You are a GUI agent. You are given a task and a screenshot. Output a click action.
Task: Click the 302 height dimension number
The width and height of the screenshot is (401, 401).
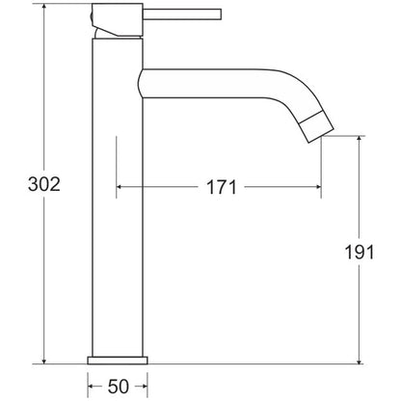(44, 184)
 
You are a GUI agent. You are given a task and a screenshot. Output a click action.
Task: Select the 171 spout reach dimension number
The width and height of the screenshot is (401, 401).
(222, 187)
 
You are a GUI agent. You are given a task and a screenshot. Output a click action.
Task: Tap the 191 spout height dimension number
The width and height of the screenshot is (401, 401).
(360, 253)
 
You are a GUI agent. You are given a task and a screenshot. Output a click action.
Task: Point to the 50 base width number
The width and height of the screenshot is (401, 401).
(118, 387)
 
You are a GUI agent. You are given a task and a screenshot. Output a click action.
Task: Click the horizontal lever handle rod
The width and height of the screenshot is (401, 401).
(182, 14)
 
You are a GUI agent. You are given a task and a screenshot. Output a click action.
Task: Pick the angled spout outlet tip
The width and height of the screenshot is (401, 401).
(317, 126)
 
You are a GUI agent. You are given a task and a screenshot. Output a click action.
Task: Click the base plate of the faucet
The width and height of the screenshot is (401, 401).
(118, 361)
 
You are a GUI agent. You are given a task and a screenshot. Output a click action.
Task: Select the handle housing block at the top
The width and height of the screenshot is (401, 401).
(118, 19)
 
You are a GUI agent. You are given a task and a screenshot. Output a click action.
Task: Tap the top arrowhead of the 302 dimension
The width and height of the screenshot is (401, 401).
(44, 7)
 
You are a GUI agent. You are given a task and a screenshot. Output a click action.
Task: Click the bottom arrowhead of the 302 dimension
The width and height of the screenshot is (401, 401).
(44, 361)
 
